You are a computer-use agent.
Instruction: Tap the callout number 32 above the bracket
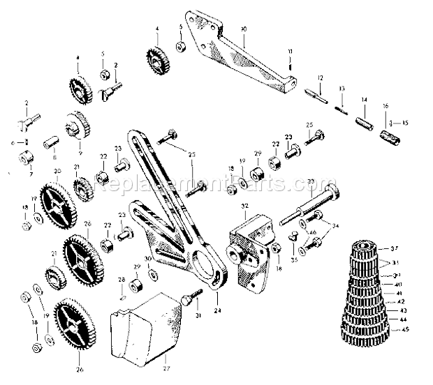tap(244, 207)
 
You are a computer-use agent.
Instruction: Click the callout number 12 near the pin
tap(318, 77)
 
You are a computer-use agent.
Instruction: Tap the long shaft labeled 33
tap(307, 209)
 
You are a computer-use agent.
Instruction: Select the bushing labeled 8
tap(50, 142)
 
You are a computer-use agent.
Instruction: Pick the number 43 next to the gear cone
tap(403, 310)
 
